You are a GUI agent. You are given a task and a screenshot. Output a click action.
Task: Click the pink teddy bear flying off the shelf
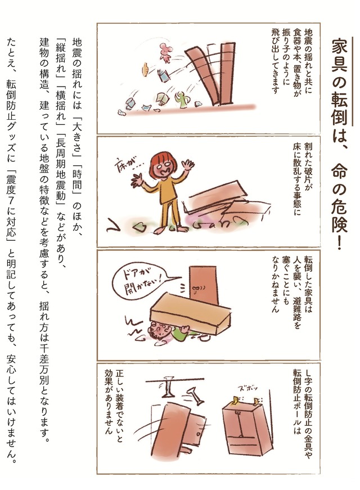coord(165,52)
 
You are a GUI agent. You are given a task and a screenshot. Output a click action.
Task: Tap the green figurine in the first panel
coord(181,100)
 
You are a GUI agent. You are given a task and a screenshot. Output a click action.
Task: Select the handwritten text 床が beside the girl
coord(124,164)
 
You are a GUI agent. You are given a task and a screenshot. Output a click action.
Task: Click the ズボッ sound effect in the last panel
coord(248,388)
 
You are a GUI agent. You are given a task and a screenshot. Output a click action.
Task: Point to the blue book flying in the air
coord(164,75)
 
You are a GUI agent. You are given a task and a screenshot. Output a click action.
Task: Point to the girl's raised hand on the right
coord(188,165)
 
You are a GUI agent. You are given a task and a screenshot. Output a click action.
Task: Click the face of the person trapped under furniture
coord(159,329)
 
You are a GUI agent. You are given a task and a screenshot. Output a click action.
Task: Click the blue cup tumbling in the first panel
coord(130,102)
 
